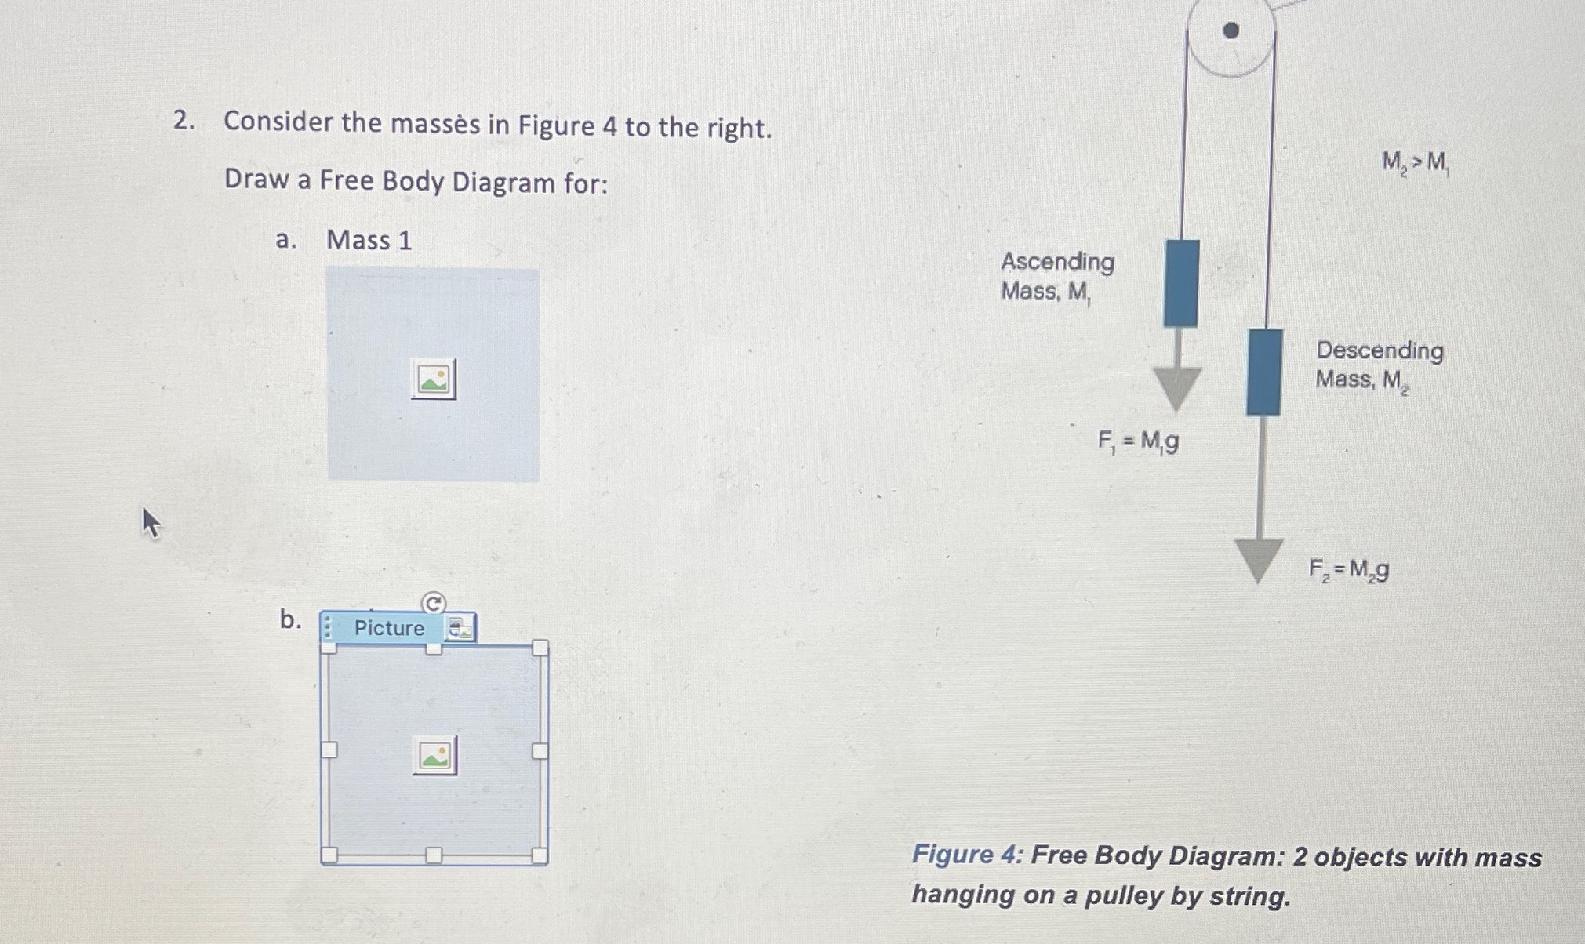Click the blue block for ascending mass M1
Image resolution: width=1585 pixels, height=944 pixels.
(x=1181, y=283)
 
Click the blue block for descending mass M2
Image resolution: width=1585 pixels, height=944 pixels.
(x=1264, y=372)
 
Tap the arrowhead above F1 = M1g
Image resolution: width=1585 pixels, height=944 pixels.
(x=1176, y=387)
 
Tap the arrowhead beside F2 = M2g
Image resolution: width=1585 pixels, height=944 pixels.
(x=1258, y=558)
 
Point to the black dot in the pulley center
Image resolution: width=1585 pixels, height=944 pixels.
(x=1231, y=31)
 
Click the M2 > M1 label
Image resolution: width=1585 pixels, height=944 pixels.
(x=1415, y=163)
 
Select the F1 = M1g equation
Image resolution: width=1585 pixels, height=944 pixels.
(x=1138, y=443)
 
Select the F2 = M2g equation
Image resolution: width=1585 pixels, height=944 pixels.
(x=1348, y=568)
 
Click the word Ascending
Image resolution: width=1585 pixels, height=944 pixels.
(x=1057, y=261)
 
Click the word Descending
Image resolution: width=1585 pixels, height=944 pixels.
(x=1380, y=350)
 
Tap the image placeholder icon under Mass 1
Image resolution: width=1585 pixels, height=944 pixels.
(x=433, y=379)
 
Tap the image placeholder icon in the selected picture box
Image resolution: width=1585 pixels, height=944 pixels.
(x=434, y=756)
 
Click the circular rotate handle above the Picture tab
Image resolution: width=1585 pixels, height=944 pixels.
(x=434, y=603)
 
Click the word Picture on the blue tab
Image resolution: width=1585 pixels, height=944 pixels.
(x=389, y=628)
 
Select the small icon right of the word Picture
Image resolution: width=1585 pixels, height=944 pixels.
(x=460, y=628)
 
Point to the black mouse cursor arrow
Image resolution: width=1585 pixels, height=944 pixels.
(x=151, y=522)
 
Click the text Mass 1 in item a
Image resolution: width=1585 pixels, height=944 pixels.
(x=369, y=240)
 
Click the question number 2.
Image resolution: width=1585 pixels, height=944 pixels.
(x=183, y=121)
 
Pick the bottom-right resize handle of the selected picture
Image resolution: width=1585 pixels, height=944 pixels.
(x=540, y=855)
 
